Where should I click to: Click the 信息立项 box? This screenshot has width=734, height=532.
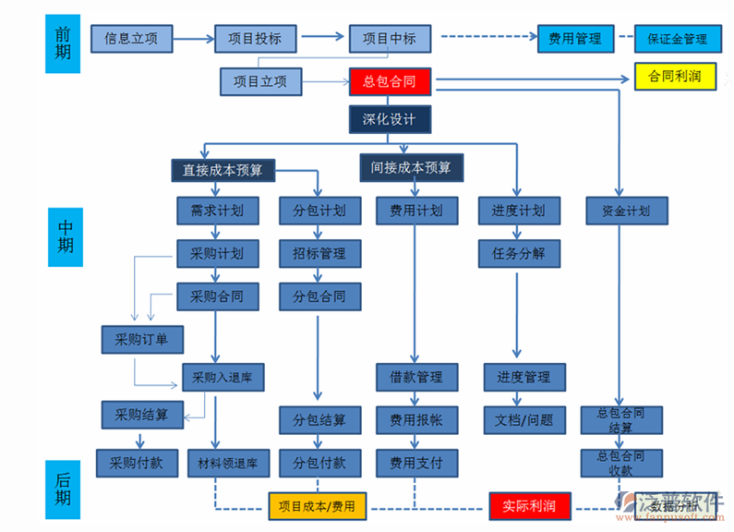[x=131, y=40]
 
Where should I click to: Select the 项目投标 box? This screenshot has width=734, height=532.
[x=261, y=40]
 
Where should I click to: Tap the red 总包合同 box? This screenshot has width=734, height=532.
[x=390, y=82]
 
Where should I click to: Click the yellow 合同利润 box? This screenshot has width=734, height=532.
[x=675, y=77]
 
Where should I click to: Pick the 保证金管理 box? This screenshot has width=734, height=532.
[x=677, y=40]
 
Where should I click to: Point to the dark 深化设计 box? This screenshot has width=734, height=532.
[x=390, y=119]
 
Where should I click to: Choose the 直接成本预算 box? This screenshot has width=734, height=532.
[x=223, y=170]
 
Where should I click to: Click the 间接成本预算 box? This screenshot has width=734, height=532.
[x=411, y=167]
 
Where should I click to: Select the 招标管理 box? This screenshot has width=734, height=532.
[x=319, y=253]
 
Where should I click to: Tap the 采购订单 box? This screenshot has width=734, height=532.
[x=142, y=340]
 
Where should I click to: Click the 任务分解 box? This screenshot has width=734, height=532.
[x=520, y=253]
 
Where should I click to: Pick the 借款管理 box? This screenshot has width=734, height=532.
[x=415, y=377]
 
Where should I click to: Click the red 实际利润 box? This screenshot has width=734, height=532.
[x=529, y=506]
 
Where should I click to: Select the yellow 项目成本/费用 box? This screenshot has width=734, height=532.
[x=317, y=506]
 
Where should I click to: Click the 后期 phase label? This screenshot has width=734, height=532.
[x=62, y=490]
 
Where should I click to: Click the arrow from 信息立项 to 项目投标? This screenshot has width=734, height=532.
[x=193, y=40]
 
